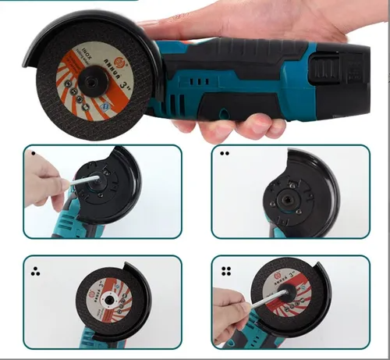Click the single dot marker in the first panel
(32, 154)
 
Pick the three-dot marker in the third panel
(34, 272)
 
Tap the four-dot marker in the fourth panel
(226, 272)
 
